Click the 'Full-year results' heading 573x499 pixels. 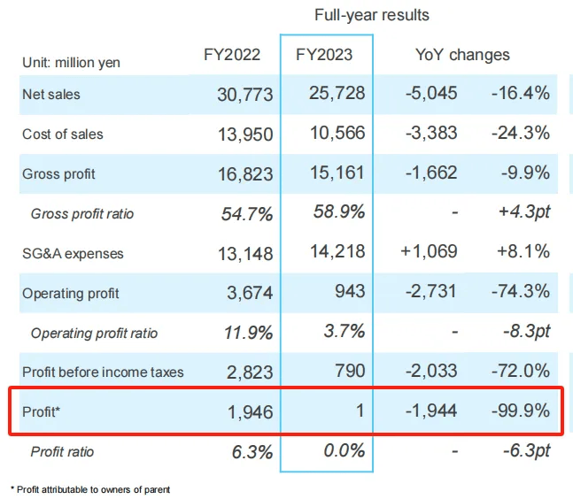pos(372,15)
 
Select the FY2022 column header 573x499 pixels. pos(232,55)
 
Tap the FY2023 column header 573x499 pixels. pos(324,55)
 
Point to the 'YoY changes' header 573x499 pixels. pos(462,55)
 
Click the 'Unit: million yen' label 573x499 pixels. pos(71,63)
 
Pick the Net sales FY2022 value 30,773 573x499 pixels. pos(245,94)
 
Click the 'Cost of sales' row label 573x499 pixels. pos(62,134)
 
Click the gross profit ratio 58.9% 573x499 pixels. pos(339,213)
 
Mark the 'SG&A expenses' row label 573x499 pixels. pos(73,254)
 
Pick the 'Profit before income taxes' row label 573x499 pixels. pos(103,372)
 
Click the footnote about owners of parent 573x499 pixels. pos(90,489)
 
